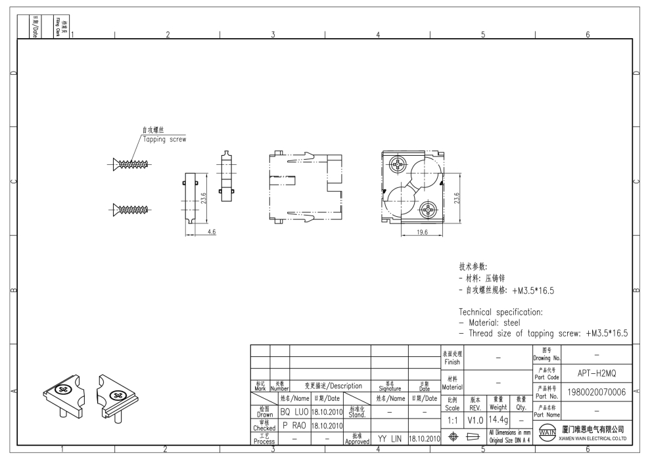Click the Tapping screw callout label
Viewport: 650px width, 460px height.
point(164,139)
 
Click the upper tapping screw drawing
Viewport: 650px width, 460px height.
point(132,164)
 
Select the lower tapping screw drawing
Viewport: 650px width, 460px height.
point(132,210)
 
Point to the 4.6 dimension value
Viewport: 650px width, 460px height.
point(212,232)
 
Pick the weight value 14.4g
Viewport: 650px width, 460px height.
point(498,419)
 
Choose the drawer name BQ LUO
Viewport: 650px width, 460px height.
point(294,412)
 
